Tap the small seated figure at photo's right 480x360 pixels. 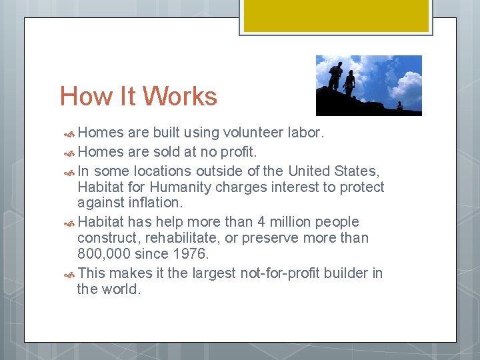click(399, 105)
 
